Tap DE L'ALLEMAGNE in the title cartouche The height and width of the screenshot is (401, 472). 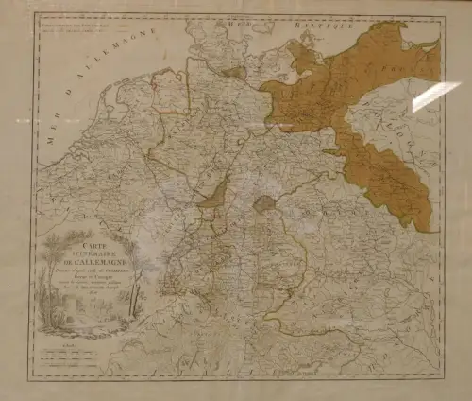pyautogui.click(x=89, y=259)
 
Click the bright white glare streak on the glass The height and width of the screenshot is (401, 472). pyautogui.click(x=435, y=96)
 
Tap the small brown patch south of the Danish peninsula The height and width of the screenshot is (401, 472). pyautogui.click(x=233, y=73)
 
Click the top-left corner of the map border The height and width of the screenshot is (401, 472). pyautogui.click(x=35, y=12)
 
